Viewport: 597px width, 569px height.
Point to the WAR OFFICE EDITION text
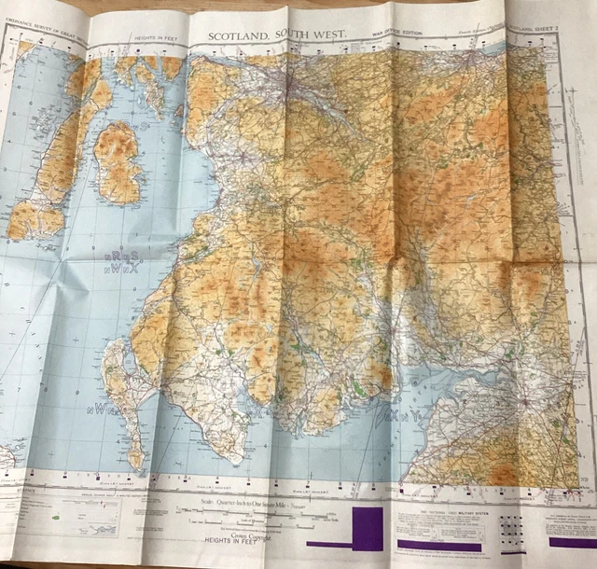coord(396,35)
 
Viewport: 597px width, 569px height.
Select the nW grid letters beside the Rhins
coord(102,408)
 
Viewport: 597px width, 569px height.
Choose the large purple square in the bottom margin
coord(368,528)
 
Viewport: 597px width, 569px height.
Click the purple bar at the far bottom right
coord(571,541)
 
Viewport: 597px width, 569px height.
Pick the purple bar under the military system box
coord(439,545)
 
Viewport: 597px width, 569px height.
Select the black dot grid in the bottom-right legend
coord(510,529)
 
